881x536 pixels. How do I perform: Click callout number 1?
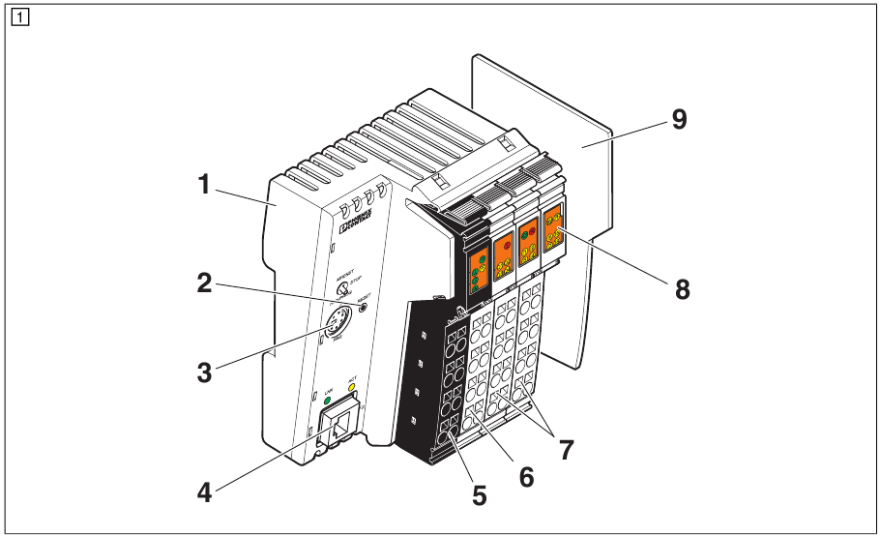(204, 184)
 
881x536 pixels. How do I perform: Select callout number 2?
(203, 283)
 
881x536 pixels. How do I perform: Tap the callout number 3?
(203, 370)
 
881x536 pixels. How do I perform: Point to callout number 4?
(204, 491)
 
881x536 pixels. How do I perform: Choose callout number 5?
(480, 495)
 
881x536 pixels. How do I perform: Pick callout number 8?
(683, 288)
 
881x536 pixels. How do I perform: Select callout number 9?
(680, 121)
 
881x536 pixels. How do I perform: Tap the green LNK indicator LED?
(327, 399)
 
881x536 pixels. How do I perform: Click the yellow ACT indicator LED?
(352, 390)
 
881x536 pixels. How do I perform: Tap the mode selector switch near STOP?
(342, 288)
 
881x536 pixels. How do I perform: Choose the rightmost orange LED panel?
(553, 230)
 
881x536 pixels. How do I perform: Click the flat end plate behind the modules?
(580, 194)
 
